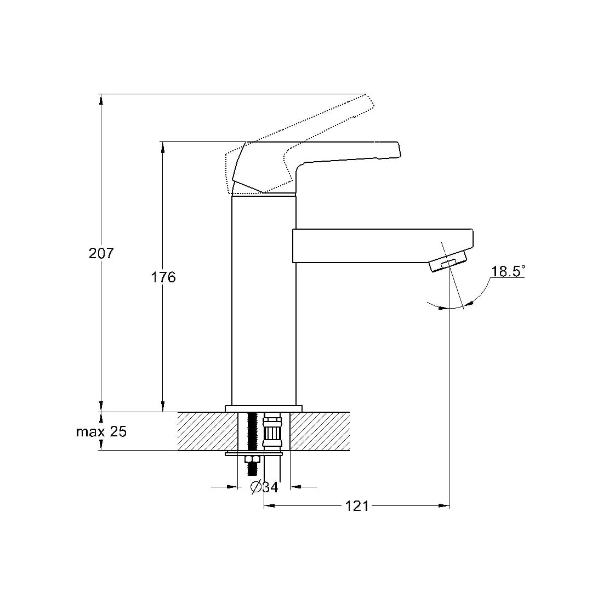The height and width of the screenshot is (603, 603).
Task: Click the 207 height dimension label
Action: point(101,253)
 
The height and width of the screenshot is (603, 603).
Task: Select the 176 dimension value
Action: point(163,277)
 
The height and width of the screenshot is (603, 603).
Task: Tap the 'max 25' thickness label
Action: point(101,431)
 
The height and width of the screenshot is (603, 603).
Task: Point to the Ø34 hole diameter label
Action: point(264,487)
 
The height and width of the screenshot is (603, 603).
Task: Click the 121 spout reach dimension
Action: point(356,506)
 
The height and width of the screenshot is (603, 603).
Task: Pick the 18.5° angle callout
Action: point(508,271)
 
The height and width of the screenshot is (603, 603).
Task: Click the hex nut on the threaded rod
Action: point(253,459)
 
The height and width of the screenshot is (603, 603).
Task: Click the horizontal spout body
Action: point(383,246)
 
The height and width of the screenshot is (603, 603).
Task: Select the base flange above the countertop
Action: point(264,409)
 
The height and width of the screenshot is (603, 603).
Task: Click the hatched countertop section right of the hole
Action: point(320,431)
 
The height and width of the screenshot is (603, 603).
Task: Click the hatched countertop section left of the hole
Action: point(208,431)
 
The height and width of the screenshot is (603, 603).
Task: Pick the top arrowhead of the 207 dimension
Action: point(101,99)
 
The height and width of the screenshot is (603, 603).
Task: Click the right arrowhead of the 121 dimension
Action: point(445,506)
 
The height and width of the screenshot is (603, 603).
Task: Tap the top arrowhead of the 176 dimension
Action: point(163,147)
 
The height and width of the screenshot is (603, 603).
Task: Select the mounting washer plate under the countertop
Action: point(254,454)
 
